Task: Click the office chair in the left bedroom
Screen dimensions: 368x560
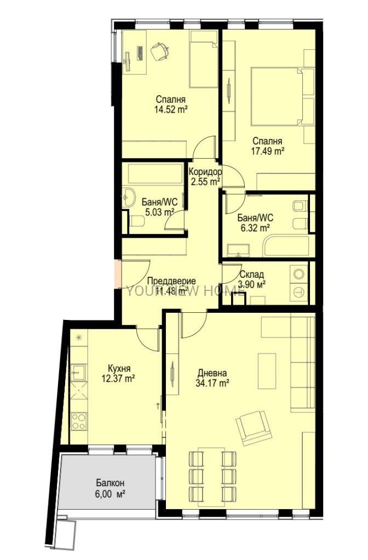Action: (x=159, y=51)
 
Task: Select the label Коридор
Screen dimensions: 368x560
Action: (x=205, y=172)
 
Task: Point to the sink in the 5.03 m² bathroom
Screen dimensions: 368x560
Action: (x=128, y=197)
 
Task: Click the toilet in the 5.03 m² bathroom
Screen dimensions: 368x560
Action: (x=136, y=221)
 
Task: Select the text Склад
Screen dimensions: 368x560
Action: (x=252, y=275)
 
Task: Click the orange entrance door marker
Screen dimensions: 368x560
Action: (x=118, y=273)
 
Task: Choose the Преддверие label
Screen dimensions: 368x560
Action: (x=171, y=281)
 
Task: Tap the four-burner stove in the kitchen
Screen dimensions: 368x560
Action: (x=78, y=421)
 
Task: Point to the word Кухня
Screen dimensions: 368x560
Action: (x=119, y=369)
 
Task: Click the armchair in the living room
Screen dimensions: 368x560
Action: (x=252, y=428)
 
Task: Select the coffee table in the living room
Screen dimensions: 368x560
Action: (x=267, y=371)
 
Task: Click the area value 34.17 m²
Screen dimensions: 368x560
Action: (x=212, y=383)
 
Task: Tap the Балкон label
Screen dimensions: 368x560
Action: (x=110, y=483)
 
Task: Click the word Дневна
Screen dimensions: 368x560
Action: (x=212, y=374)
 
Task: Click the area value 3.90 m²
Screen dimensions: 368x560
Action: (x=252, y=284)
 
